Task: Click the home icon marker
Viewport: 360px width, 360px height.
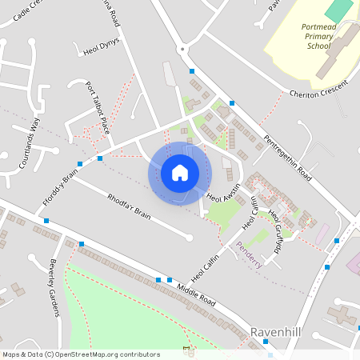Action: [180, 173]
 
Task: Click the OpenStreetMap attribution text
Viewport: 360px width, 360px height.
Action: [81, 354]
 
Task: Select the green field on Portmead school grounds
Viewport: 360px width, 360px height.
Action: [339, 10]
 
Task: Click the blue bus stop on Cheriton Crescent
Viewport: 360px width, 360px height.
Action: [232, 103]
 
